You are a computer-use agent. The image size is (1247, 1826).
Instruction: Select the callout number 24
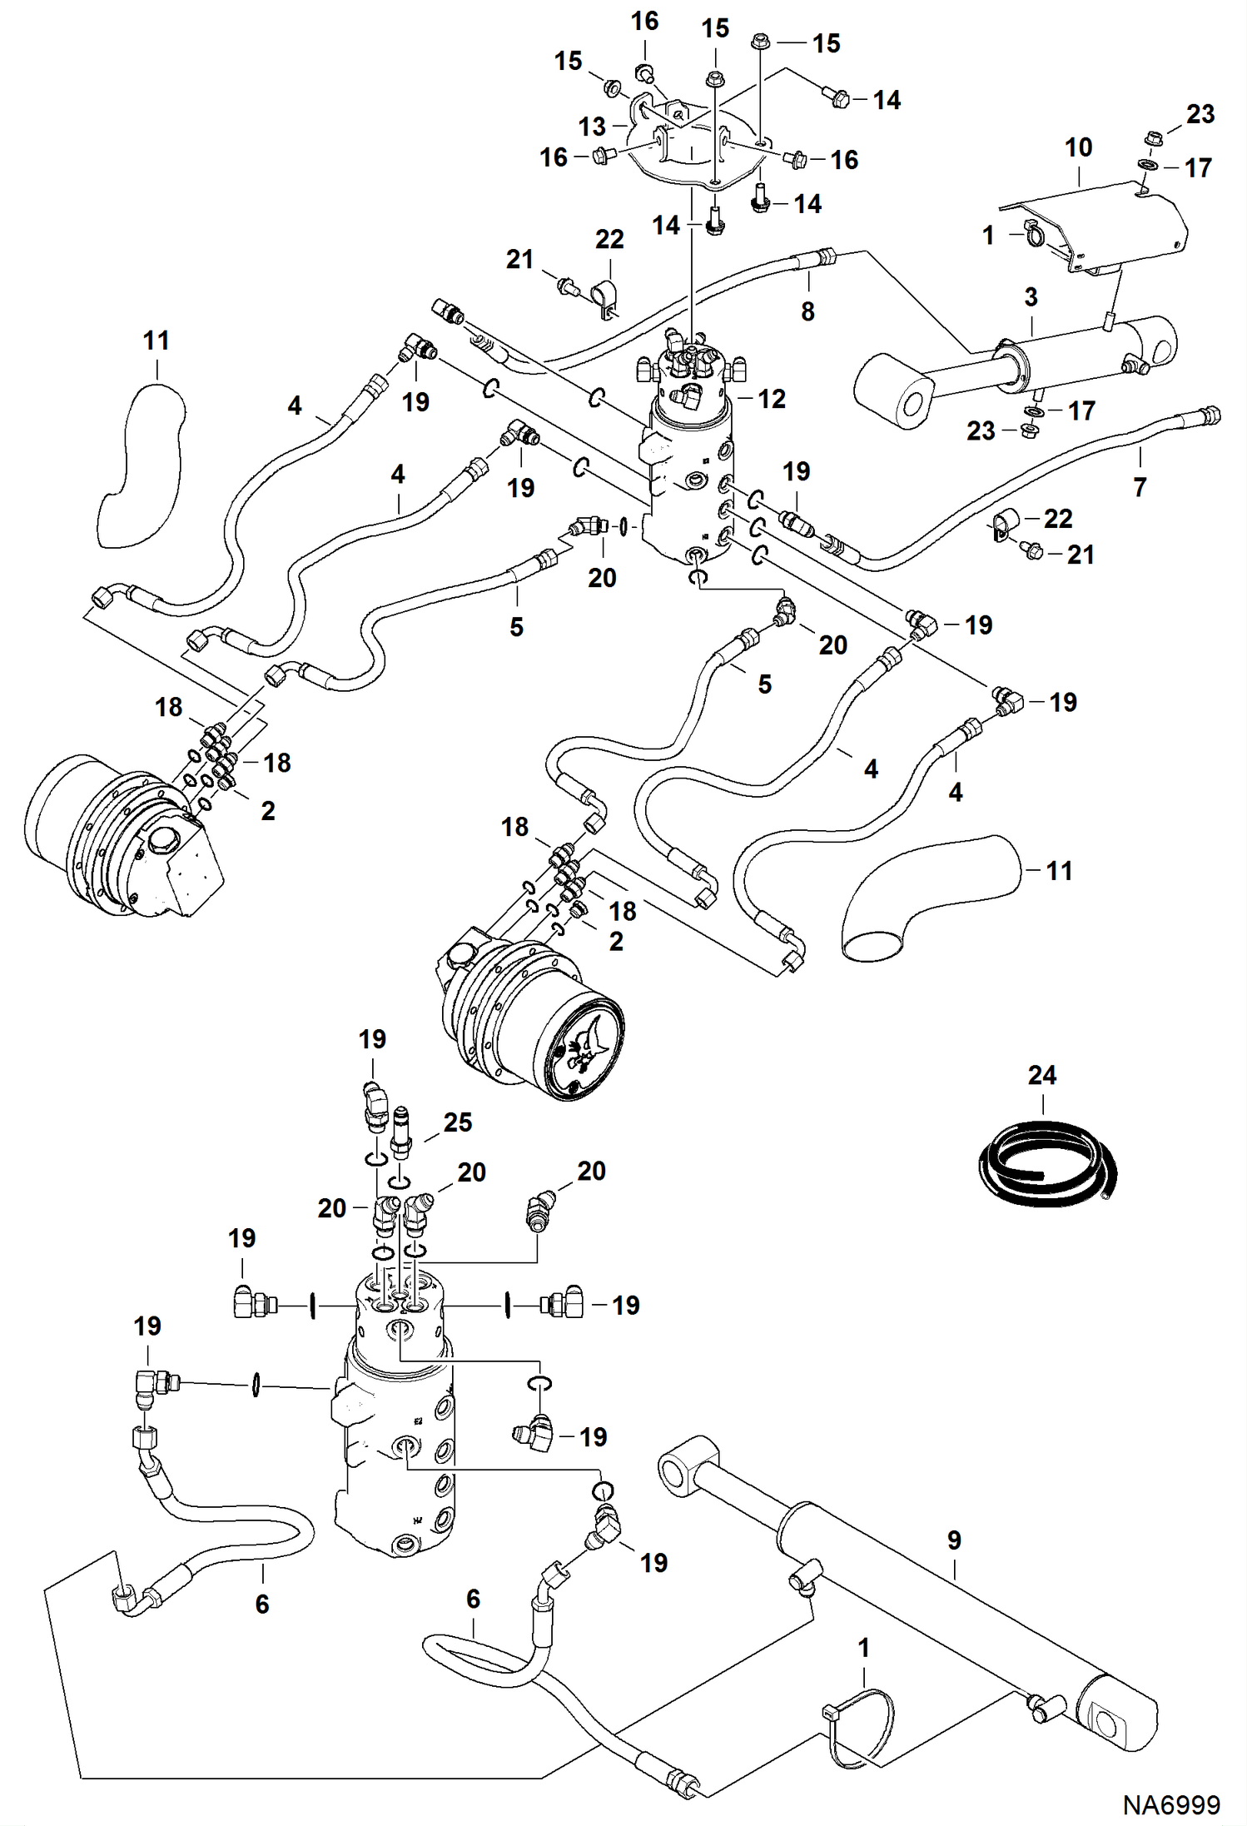click(1041, 1076)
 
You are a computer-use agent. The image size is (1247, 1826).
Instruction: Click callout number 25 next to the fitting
click(457, 1122)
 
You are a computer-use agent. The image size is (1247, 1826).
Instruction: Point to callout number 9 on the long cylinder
click(954, 1540)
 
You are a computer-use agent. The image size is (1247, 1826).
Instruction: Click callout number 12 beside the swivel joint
click(771, 399)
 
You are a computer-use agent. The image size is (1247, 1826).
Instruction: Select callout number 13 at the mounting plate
click(592, 127)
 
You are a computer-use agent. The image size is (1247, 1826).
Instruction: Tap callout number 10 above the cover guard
click(1078, 148)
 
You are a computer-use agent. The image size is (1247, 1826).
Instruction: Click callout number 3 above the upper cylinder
click(1031, 297)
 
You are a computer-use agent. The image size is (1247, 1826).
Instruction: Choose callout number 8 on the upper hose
click(807, 311)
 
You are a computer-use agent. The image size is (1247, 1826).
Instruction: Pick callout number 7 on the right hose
click(1140, 486)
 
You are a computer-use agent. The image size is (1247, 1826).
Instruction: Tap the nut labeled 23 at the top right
click(1154, 137)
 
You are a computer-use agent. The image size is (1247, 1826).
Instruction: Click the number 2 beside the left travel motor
click(268, 810)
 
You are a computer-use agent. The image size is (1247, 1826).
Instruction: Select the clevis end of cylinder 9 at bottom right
click(1115, 1722)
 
